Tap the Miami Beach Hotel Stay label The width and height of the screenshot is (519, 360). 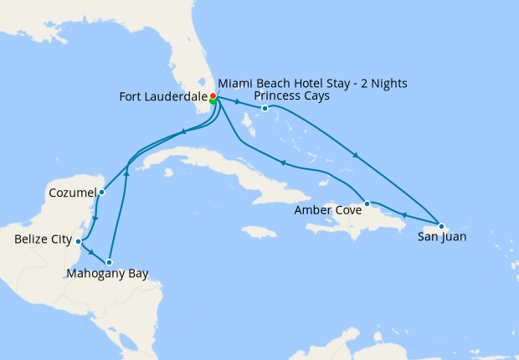pyautogui.click(x=312, y=84)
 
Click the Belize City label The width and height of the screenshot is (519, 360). pyautogui.click(x=42, y=240)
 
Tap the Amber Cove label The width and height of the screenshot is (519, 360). pyautogui.click(x=327, y=211)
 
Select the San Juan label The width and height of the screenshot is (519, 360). pyautogui.click(x=442, y=237)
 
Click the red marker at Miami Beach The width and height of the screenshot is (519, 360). pyautogui.click(x=213, y=96)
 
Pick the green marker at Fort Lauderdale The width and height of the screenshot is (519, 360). pyautogui.click(x=213, y=101)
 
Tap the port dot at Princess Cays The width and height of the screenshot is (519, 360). pyautogui.click(x=265, y=108)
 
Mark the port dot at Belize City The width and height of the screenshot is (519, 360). pyautogui.click(x=79, y=241)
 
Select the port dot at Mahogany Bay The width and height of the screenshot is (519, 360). pyautogui.click(x=109, y=262)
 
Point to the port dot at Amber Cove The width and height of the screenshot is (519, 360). pyautogui.click(x=367, y=203)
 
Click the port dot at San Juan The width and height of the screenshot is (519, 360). pyautogui.click(x=441, y=226)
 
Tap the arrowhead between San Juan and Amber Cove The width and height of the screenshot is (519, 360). pyautogui.click(x=404, y=215)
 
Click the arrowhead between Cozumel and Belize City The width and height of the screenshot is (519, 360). pyautogui.click(x=95, y=219)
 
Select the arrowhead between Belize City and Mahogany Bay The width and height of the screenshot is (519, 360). pyautogui.click(x=90, y=250)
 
